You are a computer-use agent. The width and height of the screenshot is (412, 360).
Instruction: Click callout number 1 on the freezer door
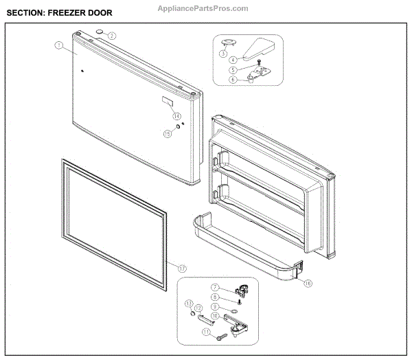pyautogui.click(x=58, y=46)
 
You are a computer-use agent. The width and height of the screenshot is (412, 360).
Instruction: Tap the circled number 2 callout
pyautogui.click(x=111, y=35)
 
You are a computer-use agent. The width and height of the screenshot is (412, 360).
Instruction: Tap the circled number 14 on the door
pyautogui.click(x=176, y=116)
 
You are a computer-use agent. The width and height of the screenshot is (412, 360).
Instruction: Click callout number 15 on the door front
pyautogui.click(x=167, y=134)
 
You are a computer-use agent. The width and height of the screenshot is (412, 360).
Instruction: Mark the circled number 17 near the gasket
pyautogui.click(x=182, y=267)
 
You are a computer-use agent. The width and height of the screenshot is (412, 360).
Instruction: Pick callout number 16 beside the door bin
pyautogui.click(x=308, y=283)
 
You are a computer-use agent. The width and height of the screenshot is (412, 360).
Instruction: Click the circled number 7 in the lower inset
pyautogui.click(x=215, y=286)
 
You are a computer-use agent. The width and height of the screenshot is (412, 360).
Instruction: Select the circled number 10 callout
pyautogui.click(x=215, y=316)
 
